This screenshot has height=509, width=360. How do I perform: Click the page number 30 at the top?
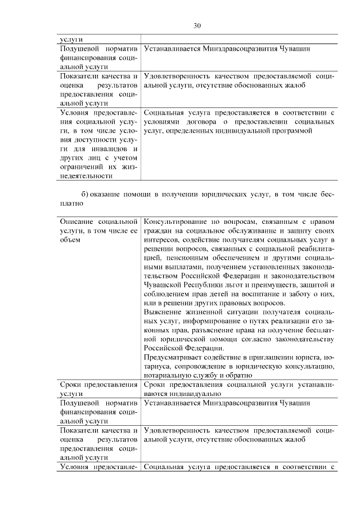197,25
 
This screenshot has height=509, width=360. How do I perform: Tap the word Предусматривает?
172,357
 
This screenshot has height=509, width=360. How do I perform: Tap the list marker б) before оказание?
85,194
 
